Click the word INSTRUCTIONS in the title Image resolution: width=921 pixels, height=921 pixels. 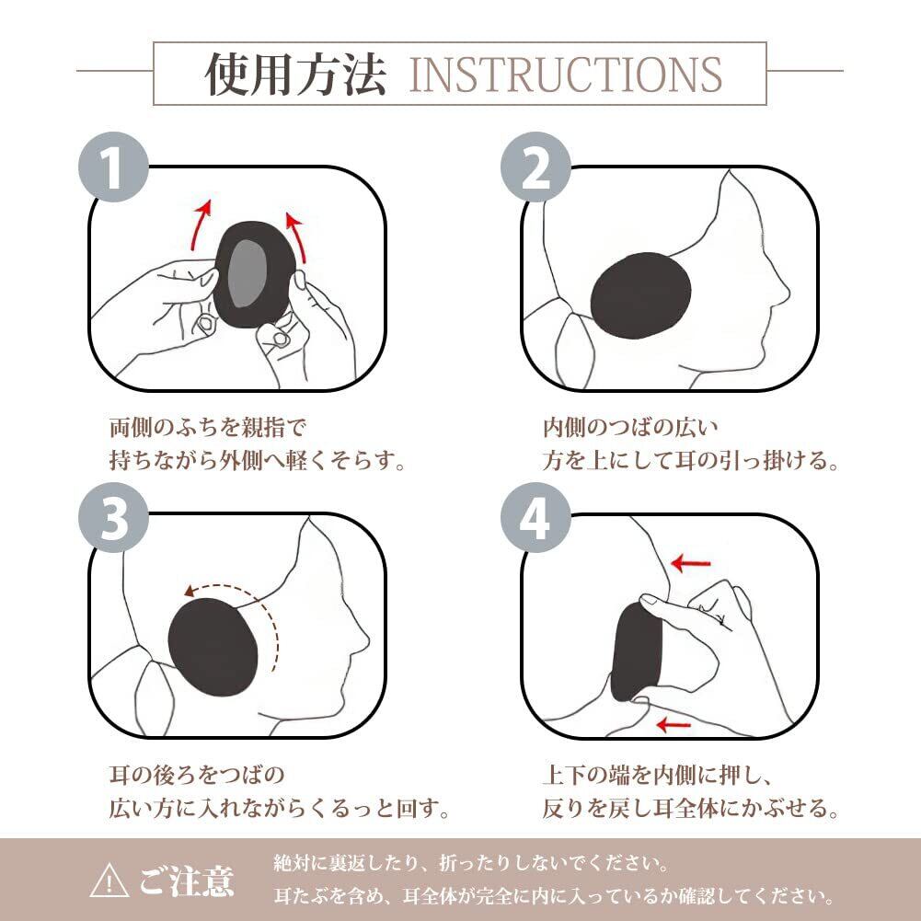pyautogui.click(x=565, y=75)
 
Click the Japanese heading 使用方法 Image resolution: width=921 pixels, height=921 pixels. pyautogui.click(x=295, y=75)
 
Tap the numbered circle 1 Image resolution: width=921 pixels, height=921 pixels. pyautogui.click(x=113, y=167)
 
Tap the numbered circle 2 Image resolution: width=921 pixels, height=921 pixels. pyautogui.click(x=535, y=167)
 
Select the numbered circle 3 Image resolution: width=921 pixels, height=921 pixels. pyautogui.click(x=113, y=517)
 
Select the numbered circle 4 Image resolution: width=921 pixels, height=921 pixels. pyautogui.click(x=535, y=517)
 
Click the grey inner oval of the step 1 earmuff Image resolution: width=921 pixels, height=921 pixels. pyautogui.click(x=247, y=273)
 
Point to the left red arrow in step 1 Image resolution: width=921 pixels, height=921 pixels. pyautogui.click(x=200, y=225)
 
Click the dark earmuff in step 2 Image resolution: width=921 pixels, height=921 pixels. pyautogui.click(x=640, y=296)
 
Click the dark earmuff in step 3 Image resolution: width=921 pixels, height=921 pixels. pyautogui.click(x=213, y=647)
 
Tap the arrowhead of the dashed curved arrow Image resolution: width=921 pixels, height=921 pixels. pyautogui.click(x=190, y=591)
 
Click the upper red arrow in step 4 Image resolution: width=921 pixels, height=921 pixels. pyautogui.click(x=691, y=563)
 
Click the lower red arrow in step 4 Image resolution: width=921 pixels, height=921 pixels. pyautogui.click(x=673, y=725)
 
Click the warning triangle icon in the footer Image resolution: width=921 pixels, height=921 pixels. pyautogui.click(x=109, y=881)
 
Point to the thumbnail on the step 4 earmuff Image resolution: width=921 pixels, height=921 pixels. pyautogui.click(x=649, y=600)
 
